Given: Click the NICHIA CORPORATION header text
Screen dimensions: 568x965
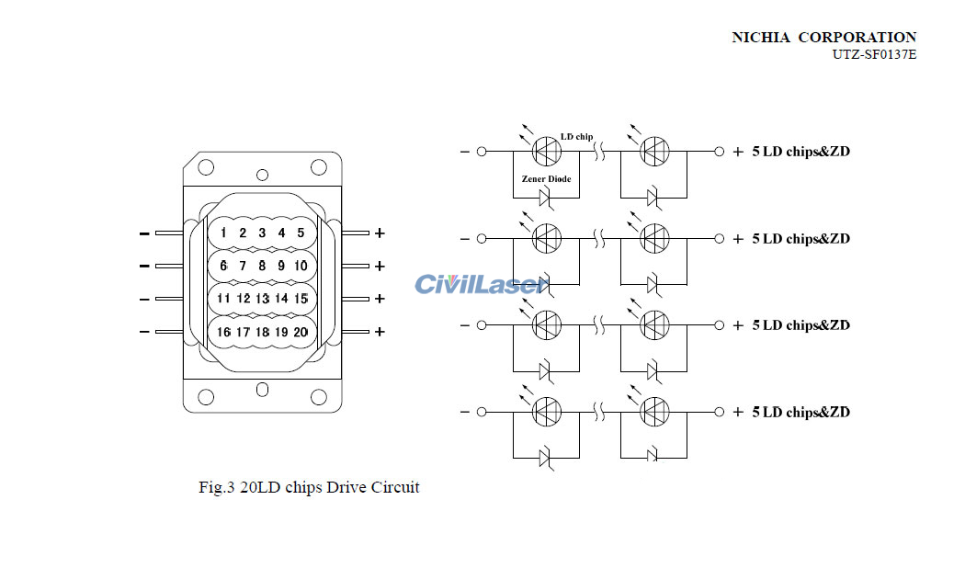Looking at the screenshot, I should pyautogui.click(x=823, y=38).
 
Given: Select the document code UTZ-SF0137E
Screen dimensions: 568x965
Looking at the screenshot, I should pyautogui.click(x=874, y=54).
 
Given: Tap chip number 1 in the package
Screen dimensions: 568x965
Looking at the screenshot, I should pyautogui.click(x=223, y=233).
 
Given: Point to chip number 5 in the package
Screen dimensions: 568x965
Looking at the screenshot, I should pyautogui.click(x=301, y=233).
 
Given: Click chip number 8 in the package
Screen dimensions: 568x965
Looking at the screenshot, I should pyautogui.click(x=262, y=266).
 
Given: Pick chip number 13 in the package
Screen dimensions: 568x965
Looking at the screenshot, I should pyautogui.click(x=262, y=299).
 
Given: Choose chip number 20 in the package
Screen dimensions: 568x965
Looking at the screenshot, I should pyautogui.click(x=301, y=332).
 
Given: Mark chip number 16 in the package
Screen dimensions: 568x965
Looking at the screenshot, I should pyautogui.click(x=223, y=332).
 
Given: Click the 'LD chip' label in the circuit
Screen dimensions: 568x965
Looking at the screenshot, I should pyautogui.click(x=576, y=137).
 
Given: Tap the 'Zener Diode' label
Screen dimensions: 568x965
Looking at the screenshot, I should pyautogui.click(x=546, y=178).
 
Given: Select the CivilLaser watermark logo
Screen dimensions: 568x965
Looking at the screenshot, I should pyautogui.click(x=479, y=284).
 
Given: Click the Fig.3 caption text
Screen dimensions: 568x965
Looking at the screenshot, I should pyautogui.click(x=309, y=487).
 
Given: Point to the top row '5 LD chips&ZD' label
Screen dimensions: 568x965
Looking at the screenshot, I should pyautogui.click(x=800, y=152).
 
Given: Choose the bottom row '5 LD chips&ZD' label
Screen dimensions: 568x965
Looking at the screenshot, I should pyautogui.click(x=800, y=412).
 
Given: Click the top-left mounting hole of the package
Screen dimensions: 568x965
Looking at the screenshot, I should pyautogui.click(x=207, y=167).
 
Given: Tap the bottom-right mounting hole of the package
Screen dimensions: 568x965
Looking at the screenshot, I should pyautogui.click(x=319, y=397).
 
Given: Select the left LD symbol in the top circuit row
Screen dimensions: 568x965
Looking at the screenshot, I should pyautogui.click(x=548, y=151).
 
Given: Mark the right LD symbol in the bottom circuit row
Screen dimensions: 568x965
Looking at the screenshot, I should pyautogui.click(x=654, y=411).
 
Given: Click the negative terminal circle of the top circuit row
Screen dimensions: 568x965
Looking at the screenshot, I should pyautogui.click(x=481, y=151).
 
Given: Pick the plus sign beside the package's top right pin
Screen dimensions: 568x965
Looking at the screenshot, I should pyautogui.click(x=380, y=233).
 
